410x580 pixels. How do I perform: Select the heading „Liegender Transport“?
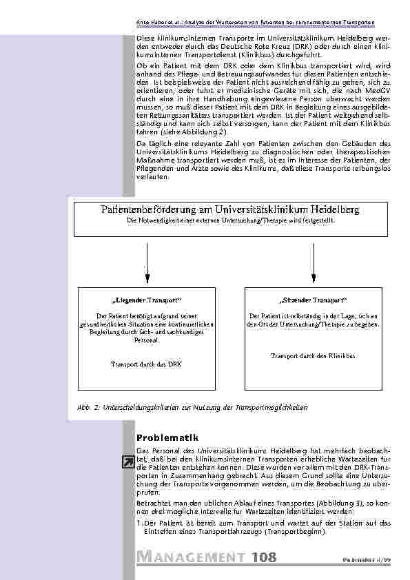pyautogui.click(x=146, y=301)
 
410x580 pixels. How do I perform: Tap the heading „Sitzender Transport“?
pyautogui.click(x=313, y=301)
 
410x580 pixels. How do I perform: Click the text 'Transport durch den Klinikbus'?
pyautogui.click(x=313, y=355)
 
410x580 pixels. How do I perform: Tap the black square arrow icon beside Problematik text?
pyautogui.click(x=127, y=461)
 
